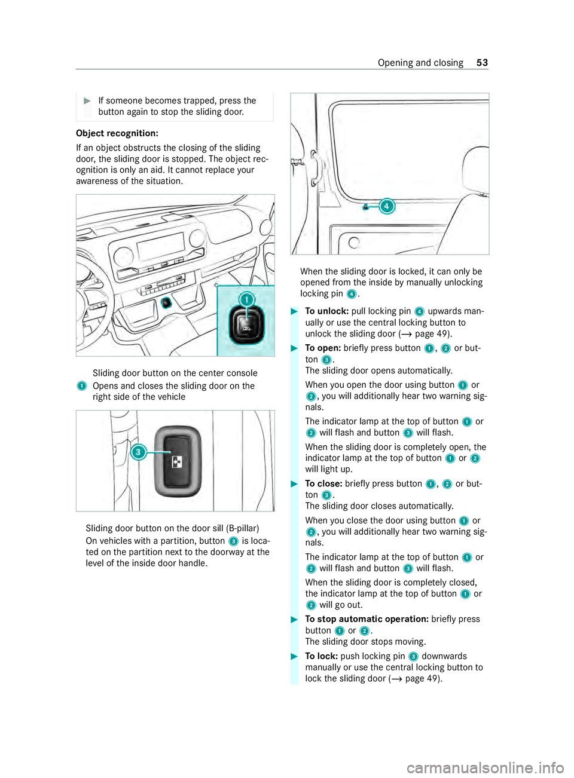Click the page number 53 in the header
pyautogui.click(x=482, y=63)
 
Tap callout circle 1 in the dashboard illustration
pyautogui.click(x=246, y=300)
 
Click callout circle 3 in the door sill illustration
pyautogui.click(x=138, y=452)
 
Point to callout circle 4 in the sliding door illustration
pyautogui.click(x=387, y=206)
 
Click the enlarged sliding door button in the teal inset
pyautogui.click(x=246, y=327)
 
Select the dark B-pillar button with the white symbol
pyautogui.click(x=178, y=461)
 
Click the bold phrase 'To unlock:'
pyautogui.click(x=326, y=311)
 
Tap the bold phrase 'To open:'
pyautogui.click(x=323, y=348)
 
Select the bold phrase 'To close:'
pyautogui.click(x=323, y=484)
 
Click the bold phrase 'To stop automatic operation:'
pyautogui.click(x=367, y=619)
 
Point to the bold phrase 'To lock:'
pyautogui.click(x=321, y=656)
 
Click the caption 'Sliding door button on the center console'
pyautogui.click(x=175, y=373)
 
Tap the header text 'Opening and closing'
pyautogui.click(x=420, y=63)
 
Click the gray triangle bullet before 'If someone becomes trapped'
pyautogui.click(x=87, y=100)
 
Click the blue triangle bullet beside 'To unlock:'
pyautogui.click(x=294, y=311)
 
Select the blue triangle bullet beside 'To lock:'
pyautogui.click(x=294, y=656)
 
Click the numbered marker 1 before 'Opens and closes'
pyautogui.click(x=81, y=387)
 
